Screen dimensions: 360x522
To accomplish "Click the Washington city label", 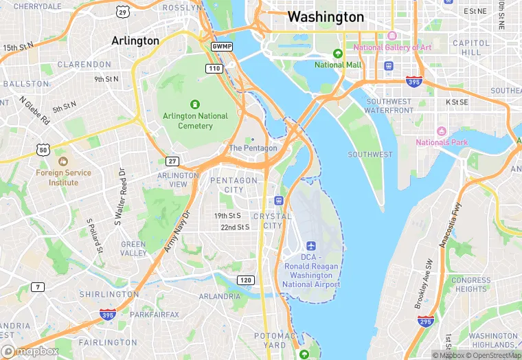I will (326, 16).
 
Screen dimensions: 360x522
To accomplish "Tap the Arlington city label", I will (135, 41).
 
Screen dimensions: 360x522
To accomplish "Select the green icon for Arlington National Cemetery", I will (195, 104).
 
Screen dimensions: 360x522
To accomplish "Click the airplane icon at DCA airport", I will (311, 246).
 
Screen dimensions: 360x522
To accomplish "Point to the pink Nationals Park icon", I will (442, 131).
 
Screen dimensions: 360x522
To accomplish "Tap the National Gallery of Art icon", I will (392, 36).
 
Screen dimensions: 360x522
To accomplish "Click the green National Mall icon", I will (337, 54).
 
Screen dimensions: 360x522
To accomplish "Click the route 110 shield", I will (214, 68).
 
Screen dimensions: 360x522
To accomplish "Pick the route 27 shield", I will (172, 161).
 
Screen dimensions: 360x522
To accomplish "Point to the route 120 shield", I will (245, 280).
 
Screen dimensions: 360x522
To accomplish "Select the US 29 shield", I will (122, 12).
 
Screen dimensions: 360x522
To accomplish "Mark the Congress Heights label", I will (471, 284).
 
